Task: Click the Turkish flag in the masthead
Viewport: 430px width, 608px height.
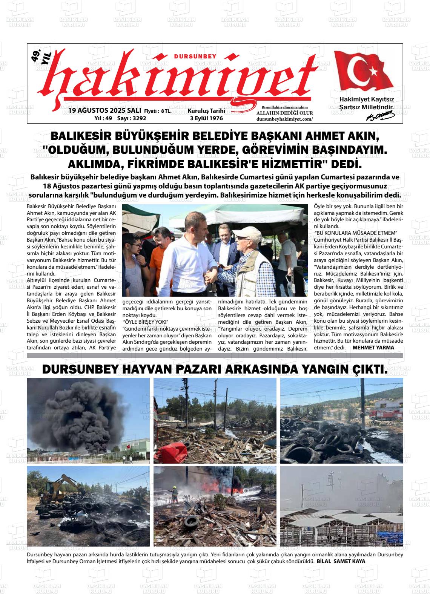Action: (x=364, y=72)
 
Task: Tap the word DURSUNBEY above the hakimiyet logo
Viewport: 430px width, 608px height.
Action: (x=195, y=57)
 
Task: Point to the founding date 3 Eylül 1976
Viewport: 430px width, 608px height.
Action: (x=206, y=118)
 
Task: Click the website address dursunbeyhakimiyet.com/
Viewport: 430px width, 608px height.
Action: (x=284, y=119)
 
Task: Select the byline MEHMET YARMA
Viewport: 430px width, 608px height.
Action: (x=373, y=348)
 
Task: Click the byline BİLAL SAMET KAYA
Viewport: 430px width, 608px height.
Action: (x=341, y=561)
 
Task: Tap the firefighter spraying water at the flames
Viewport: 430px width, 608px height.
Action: (x=174, y=494)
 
